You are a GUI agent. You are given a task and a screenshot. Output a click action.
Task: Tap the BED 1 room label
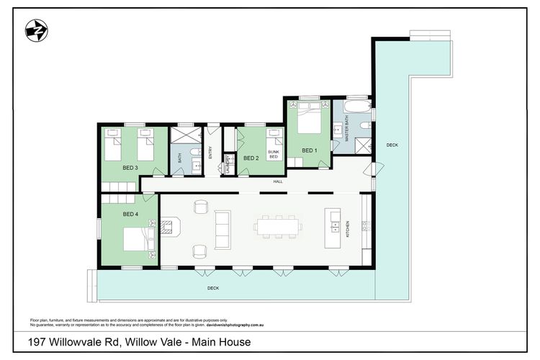click(x=308, y=150)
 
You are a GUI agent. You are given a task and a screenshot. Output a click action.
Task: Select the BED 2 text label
click(x=251, y=158)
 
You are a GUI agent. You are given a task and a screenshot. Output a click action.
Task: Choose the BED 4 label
click(x=130, y=214)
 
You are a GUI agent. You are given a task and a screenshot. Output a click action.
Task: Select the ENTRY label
click(x=210, y=153)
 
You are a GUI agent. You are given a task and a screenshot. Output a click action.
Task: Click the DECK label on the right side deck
click(x=392, y=145)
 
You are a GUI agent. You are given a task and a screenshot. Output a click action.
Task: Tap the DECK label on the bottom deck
click(x=213, y=288)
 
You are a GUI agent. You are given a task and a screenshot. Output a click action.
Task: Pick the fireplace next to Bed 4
click(x=168, y=228)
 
